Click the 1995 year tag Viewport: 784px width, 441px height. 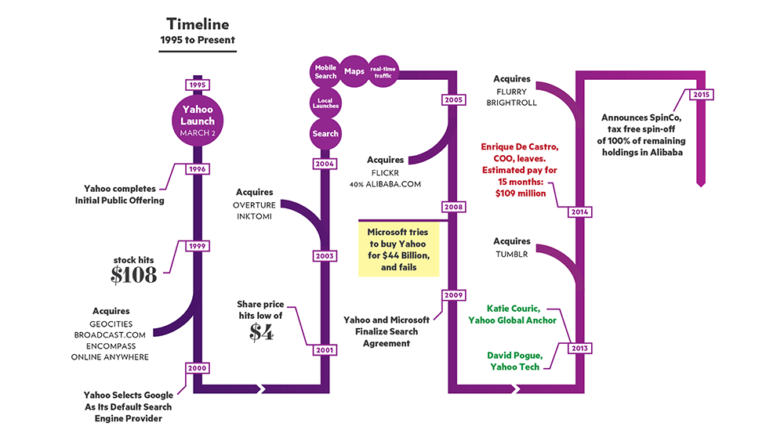point(197,85)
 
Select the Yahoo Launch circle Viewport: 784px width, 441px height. point(198,121)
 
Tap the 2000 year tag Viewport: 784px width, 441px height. point(197,368)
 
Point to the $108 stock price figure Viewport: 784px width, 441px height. point(133,275)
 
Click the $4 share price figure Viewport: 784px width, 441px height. point(262,331)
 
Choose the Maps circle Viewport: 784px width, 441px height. point(354,71)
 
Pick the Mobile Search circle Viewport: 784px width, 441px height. point(325,72)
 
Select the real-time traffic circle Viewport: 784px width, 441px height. point(383,72)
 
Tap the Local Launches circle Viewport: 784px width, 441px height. point(325,103)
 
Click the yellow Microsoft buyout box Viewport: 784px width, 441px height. point(399,249)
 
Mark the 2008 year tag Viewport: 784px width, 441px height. point(453,207)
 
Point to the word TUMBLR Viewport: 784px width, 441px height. point(511,255)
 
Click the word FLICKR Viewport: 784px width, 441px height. point(385,173)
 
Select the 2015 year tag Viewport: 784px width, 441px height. point(701,95)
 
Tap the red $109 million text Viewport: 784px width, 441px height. point(521,193)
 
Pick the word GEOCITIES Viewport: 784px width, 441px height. point(111,324)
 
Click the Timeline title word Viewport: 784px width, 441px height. point(198,24)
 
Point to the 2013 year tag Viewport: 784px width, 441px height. point(579,348)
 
